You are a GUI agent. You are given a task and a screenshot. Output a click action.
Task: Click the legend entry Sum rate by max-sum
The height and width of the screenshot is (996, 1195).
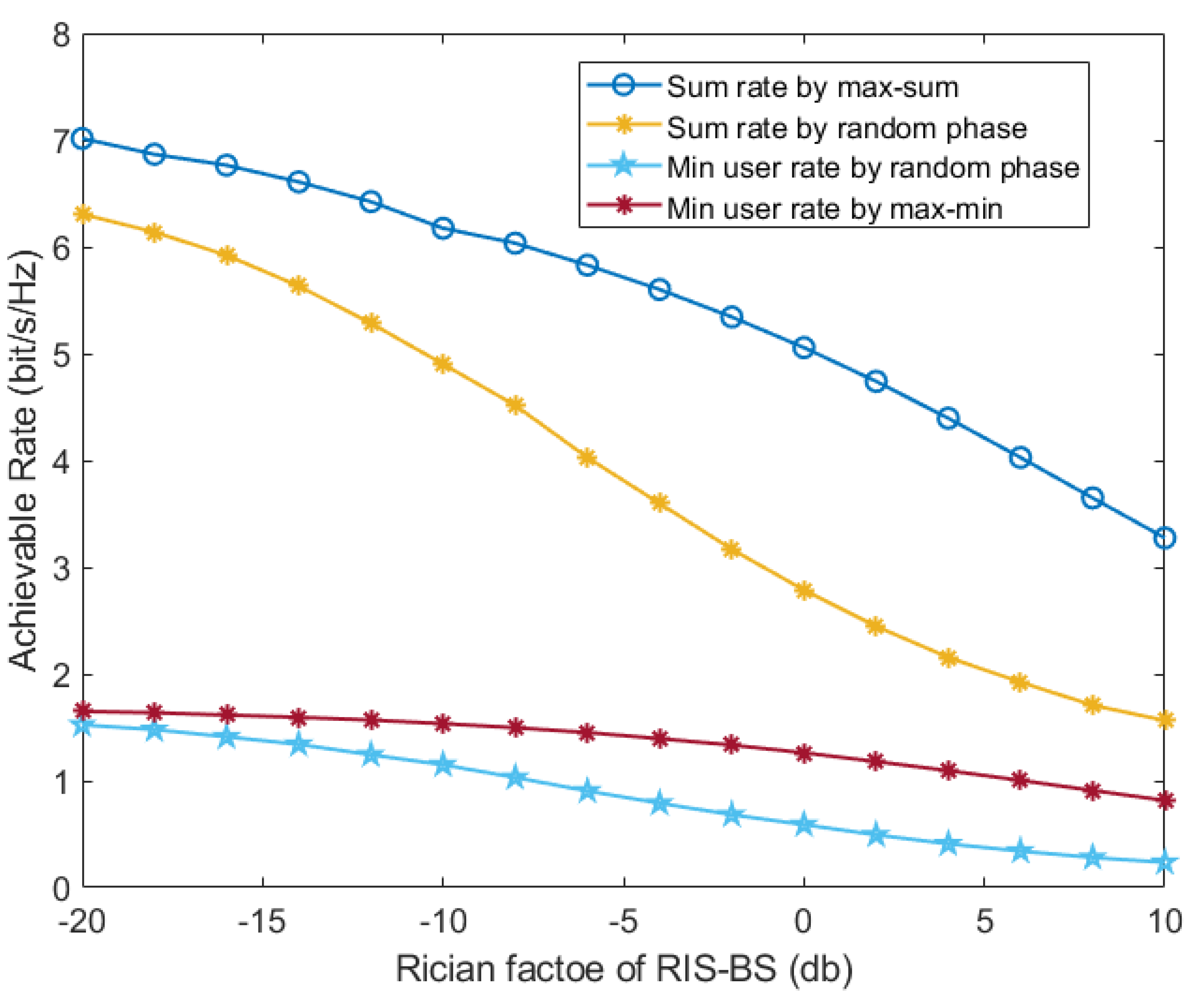click(813, 88)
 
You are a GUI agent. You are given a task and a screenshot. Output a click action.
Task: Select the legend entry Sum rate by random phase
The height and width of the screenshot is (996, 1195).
click(847, 128)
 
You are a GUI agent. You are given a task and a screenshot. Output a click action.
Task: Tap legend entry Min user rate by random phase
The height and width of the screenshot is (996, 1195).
click(873, 168)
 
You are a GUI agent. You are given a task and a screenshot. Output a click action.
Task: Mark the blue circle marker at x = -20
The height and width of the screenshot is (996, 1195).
click(83, 138)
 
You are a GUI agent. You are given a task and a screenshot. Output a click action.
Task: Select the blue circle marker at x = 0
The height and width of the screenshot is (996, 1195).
click(804, 348)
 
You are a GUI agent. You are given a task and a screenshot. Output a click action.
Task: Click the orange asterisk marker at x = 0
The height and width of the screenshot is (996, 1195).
click(804, 591)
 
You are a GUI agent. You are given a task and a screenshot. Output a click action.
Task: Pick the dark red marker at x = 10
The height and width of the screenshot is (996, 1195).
click(1165, 800)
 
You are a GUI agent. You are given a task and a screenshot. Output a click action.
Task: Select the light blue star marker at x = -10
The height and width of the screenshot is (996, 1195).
click(443, 765)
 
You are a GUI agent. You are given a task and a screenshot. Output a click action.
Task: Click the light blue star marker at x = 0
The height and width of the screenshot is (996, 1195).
click(804, 825)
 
